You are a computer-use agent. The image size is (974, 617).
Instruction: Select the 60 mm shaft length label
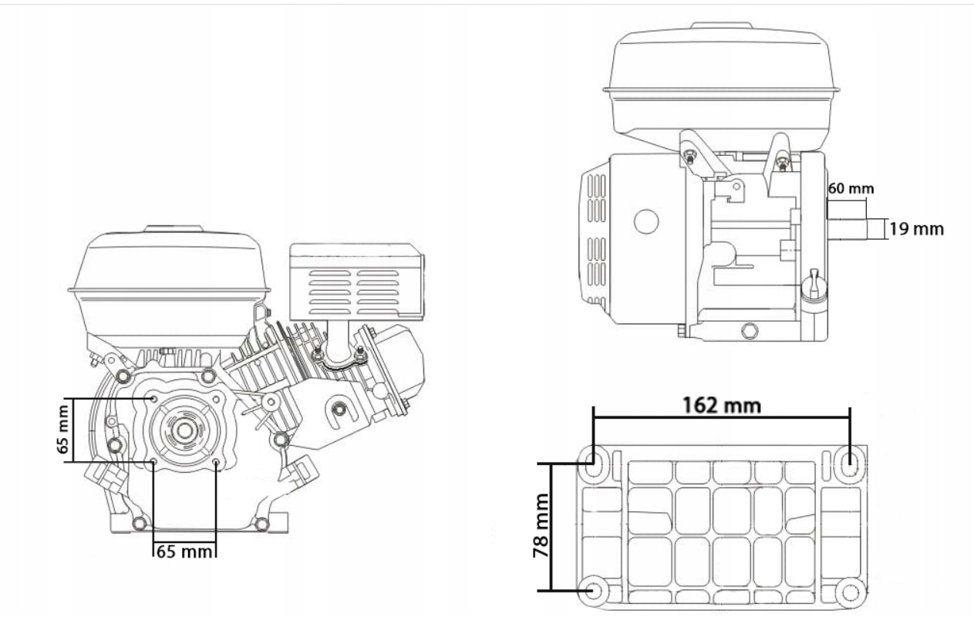pos(851,187)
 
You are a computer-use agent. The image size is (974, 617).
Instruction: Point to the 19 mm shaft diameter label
pos(915,229)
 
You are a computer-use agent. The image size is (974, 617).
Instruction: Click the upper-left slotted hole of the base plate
pos(595,463)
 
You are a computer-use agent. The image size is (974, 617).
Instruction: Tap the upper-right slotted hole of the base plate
pos(850,463)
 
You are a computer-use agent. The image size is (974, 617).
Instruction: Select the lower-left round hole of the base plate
pos(595,591)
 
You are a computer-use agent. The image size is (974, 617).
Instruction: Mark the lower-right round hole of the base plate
pos(850,591)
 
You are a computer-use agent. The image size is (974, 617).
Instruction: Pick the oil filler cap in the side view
pos(812,286)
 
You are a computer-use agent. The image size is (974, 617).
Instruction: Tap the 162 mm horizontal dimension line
pos(721,418)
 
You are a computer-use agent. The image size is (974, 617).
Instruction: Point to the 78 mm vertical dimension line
pos(551,527)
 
